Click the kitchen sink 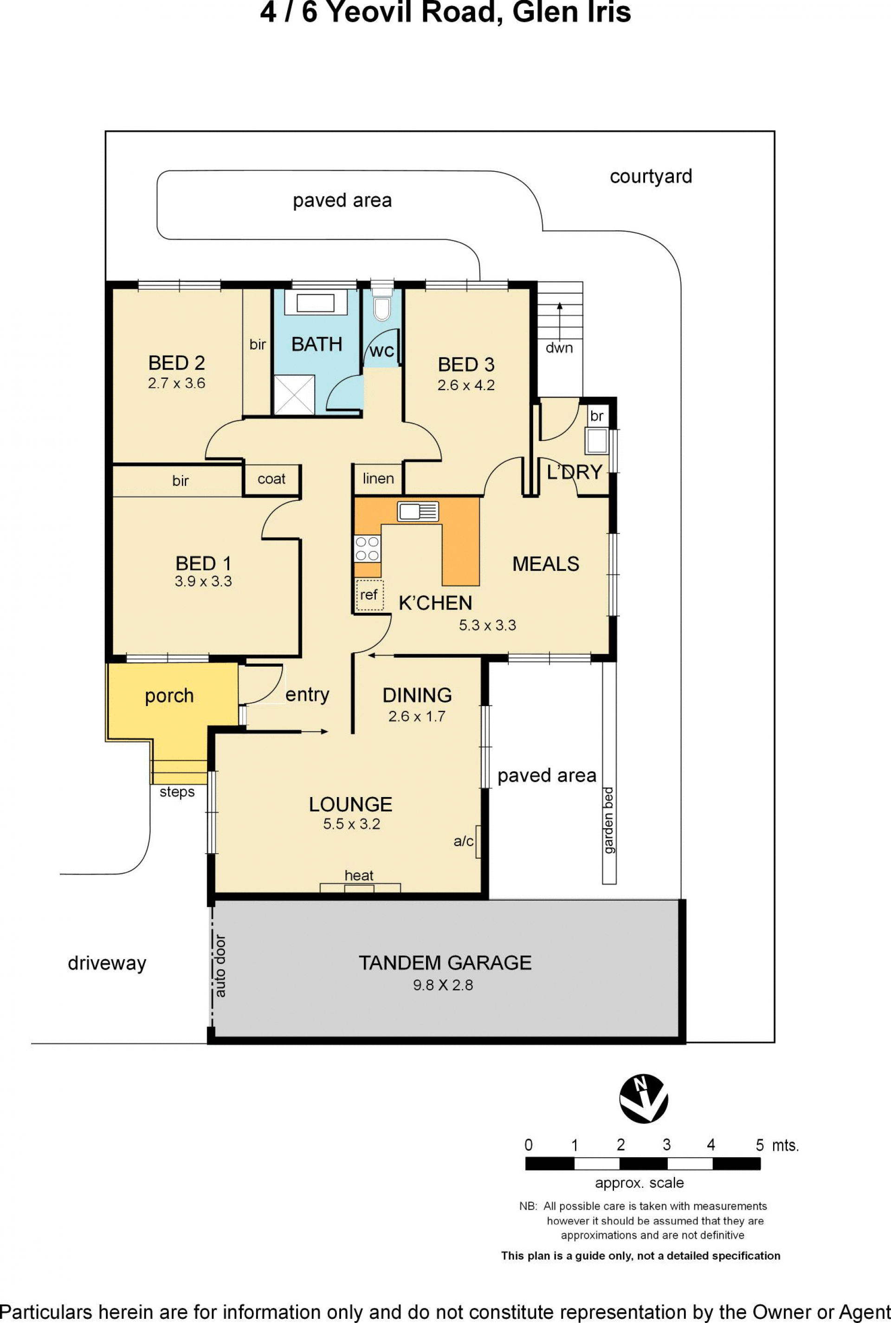click(x=418, y=512)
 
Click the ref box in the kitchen click(x=369, y=595)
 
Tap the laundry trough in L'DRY click(x=597, y=441)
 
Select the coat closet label click(x=271, y=479)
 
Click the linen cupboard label click(x=379, y=479)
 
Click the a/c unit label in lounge click(x=464, y=841)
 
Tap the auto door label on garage click(x=220, y=966)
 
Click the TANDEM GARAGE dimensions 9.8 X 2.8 click(x=443, y=985)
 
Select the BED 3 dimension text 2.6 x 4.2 click(x=466, y=385)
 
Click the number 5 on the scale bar click(x=760, y=1145)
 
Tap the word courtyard click(x=651, y=177)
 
